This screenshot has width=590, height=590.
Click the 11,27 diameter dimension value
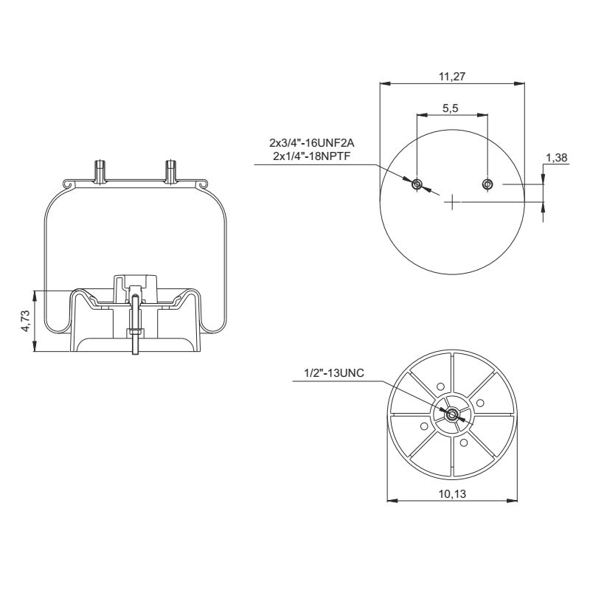[452, 74]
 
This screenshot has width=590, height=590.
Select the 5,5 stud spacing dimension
[451, 108]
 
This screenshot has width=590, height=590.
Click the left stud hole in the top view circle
[417, 184]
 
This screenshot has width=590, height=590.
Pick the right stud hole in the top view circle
[487, 184]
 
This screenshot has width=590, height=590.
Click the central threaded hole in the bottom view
[450, 414]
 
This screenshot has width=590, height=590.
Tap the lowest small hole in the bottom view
[462, 443]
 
